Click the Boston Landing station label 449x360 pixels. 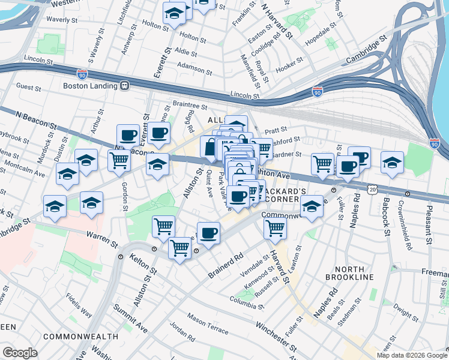point(89,86)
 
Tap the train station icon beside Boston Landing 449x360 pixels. point(125,86)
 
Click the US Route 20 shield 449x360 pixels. point(373,189)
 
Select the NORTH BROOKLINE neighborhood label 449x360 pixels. point(350,272)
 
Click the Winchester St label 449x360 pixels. point(276,337)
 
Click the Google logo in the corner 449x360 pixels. point(20,352)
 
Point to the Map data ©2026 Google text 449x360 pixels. point(412,355)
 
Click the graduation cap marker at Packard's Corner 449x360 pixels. point(312,208)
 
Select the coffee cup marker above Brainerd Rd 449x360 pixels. point(208,233)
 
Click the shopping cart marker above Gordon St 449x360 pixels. point(119,160)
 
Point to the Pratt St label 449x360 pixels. point(276,129)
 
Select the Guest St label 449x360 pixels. point(29,88)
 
